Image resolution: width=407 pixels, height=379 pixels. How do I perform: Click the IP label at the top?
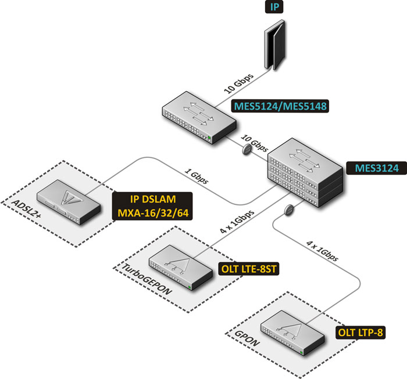(x=274, y=7)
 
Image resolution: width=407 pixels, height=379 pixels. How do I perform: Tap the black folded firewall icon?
(x=274, y=45)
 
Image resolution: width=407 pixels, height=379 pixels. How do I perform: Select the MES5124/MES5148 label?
(x=280, y=106)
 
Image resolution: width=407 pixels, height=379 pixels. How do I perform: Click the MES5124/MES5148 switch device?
(x=199, y=117)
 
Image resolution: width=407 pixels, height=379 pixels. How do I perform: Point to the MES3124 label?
(x=377, y=168)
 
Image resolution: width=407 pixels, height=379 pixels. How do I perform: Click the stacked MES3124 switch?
(x=305, y=172)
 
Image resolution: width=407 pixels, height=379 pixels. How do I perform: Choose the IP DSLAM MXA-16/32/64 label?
(x=152, y=206)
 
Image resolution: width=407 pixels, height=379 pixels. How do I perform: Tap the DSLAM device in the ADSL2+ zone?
(x=69, y=202)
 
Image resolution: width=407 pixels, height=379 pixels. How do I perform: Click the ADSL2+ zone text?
(x=26, y=208)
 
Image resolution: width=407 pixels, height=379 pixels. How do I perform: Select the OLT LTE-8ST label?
(x=249, y=269)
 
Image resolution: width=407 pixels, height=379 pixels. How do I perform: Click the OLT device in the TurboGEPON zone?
(x=181, y=268)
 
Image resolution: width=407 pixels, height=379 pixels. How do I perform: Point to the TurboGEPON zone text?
(x=147, y=279)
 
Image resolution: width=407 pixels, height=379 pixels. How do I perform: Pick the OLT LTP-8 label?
(x=360, y=333)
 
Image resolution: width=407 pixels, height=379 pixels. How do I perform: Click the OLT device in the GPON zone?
(x=292, y=333)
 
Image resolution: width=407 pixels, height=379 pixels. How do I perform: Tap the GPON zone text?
(x=247, y=338)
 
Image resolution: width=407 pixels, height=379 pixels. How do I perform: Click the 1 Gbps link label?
(x=197, y=176)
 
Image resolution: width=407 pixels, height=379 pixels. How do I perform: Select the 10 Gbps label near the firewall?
(x=238, y=83)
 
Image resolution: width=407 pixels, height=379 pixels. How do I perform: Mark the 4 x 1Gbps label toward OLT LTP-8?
(x=322, y=251)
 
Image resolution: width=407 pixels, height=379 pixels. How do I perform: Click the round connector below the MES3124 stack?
(x=289, y=210)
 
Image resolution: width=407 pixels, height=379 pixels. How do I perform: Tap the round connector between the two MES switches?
(x=247, y=150)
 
